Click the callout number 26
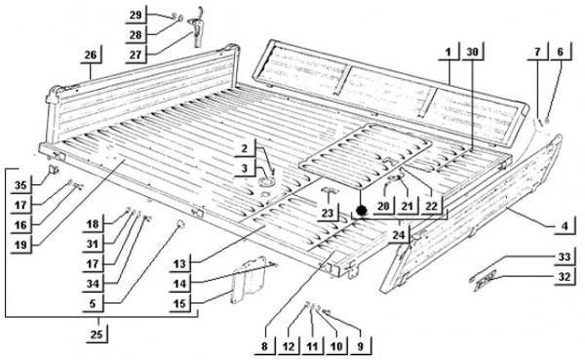(91, 55)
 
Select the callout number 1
(448, 53)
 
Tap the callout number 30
(472, 53)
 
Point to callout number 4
(565, 226)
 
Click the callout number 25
(97, 334)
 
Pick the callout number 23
(328, 213)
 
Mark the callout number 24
(399, 235)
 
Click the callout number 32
(565, 277)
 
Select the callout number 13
(179, 264)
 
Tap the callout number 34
(93, 284)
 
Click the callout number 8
(264, 346)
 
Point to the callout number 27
(136, 55)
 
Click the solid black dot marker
(361, 211)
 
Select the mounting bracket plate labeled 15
(250, 280)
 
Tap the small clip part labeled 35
(53, 171)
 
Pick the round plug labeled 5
(180, 223)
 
